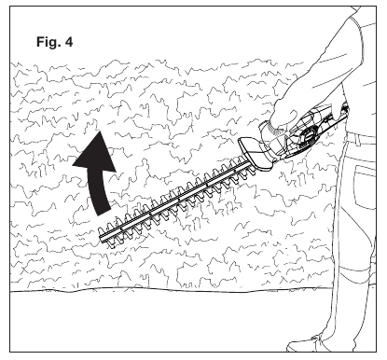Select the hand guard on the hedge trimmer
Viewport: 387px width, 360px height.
coord(254,150)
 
